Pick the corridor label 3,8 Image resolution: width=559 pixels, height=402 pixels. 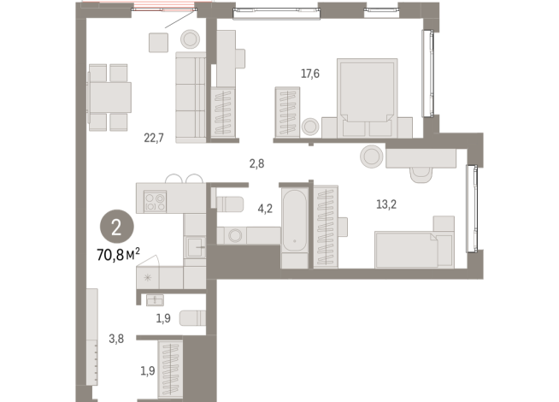(117, 338)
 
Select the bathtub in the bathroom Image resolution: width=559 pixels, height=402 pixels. (293, 225)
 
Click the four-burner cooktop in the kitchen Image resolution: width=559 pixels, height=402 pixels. (156, 203)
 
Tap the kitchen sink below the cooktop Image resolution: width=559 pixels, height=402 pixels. (196, 247)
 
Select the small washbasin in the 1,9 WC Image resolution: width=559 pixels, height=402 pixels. (155, 299)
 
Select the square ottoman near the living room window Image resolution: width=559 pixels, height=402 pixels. (157, 43)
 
